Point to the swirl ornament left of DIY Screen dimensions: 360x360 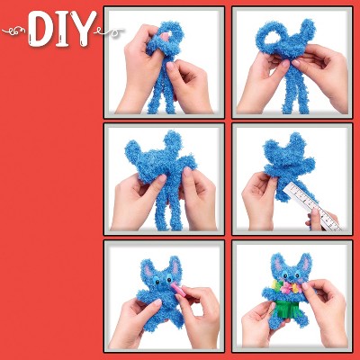click(x=15, y=31)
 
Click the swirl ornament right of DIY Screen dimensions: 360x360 click(x=110, y=31)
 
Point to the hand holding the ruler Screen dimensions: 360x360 click(x=315, y=220)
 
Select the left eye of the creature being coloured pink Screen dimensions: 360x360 click(x=157, y=282)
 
